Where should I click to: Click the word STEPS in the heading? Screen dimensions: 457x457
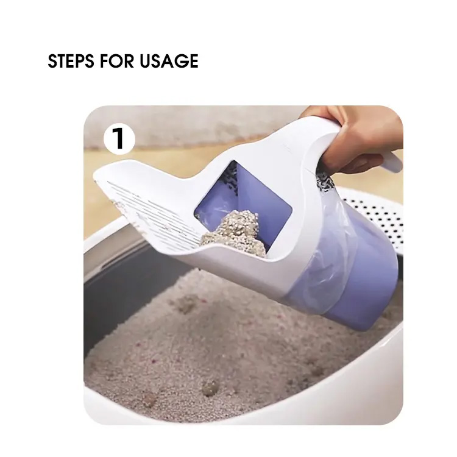71,61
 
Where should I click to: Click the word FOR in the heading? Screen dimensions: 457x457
116,61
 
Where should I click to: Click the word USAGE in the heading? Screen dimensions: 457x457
169,61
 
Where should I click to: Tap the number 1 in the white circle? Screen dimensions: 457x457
119,138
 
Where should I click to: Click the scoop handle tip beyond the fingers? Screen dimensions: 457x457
392,162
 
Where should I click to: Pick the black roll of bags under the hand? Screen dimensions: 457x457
325,181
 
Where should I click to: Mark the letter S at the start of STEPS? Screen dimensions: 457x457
53,61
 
